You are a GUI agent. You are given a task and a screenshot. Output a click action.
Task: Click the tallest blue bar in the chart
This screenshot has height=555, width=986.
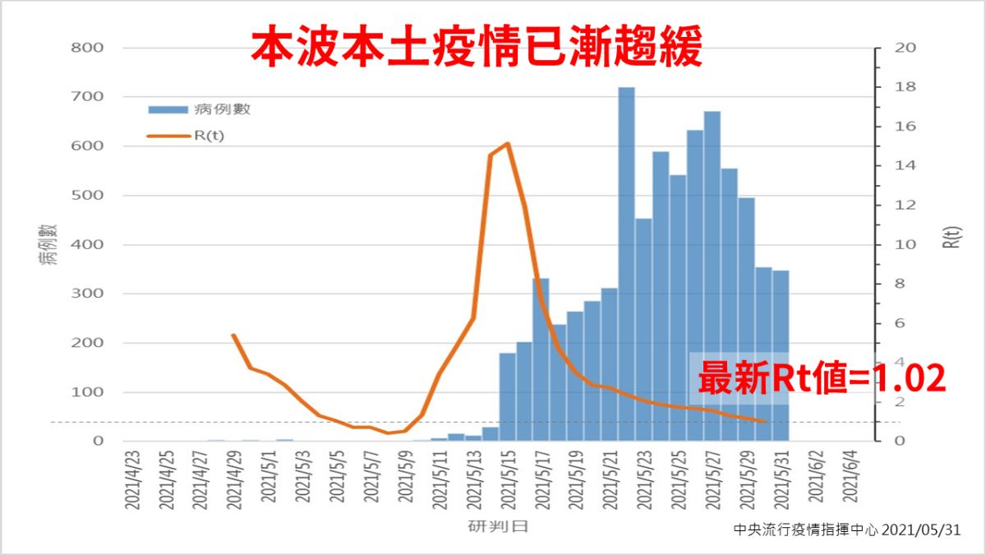626,263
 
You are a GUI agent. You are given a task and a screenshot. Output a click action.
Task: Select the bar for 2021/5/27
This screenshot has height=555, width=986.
712,275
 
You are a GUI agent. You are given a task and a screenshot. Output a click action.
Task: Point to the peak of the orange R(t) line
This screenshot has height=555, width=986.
507,144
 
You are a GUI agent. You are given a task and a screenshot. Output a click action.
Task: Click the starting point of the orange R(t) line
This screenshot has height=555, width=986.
233,335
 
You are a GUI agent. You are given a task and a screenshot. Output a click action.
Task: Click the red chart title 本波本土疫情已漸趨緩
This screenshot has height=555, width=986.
477,48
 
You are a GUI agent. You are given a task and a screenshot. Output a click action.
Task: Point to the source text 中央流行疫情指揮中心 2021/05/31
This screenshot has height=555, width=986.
846,530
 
